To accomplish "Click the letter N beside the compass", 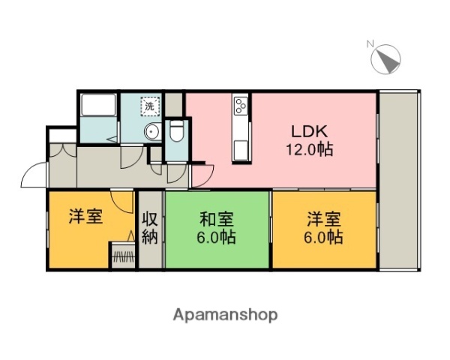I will tap(370, 43).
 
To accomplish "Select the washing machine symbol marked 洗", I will tap(150, 106).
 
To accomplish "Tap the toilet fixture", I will tap(177, 133).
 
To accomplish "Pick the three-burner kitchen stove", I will tap(241, 106).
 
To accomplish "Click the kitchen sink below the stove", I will tap(241, 147).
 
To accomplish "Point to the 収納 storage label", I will tap(149, 229).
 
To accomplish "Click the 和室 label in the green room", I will tap(217, 220).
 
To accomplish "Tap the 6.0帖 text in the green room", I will tap(217, 238).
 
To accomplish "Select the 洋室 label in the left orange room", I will tap(85, 217).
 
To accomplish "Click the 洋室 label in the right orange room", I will tap(324, 220).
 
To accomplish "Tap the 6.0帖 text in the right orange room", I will tap(324, 238).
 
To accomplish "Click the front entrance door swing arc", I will tap(33, 175).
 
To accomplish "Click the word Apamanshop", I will tap(226, 314).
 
